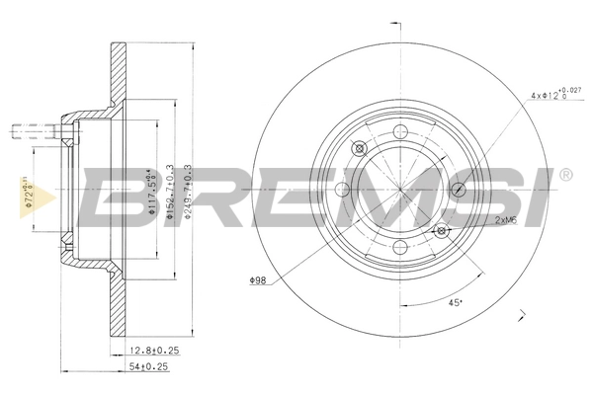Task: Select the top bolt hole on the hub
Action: click(400, 132)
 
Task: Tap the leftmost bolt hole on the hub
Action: click(343, 190)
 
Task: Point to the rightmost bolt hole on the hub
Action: click(458, 190)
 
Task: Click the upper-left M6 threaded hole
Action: click(359, 148)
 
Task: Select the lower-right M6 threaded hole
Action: click(442, 231)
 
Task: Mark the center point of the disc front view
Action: click(400, 190)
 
